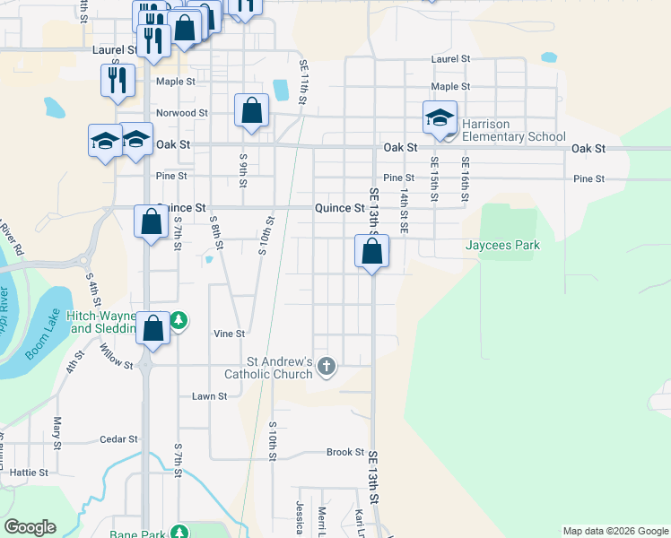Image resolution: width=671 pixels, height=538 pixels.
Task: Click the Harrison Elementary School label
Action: pos(514,130)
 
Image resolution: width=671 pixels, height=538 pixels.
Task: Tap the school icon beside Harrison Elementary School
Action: pos(440,117)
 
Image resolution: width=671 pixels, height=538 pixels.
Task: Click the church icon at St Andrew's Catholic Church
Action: pos(327,366)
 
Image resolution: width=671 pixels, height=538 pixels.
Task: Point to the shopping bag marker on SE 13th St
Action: pos(371,252)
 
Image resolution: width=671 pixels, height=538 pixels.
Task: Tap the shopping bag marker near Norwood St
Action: pos(252,112)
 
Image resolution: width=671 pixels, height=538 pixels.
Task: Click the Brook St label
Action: pos(345,453)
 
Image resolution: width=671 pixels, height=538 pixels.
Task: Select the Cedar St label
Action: pos(118,439)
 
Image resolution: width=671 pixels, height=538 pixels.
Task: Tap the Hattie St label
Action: pos(29,472)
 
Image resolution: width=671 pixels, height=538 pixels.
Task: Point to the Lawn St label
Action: pos(209,395)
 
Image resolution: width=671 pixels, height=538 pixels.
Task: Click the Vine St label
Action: pos(229,334)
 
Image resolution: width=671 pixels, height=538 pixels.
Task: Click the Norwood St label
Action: pos(182,114)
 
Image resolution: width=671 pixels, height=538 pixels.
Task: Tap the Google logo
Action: pos(30,527)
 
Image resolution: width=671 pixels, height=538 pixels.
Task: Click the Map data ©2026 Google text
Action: pos(615,531)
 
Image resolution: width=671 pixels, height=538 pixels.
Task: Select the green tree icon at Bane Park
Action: pos(180,533)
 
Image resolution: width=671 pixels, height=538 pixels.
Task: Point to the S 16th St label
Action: pos(466,178)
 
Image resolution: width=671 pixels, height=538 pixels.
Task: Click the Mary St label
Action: pos(57,433)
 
